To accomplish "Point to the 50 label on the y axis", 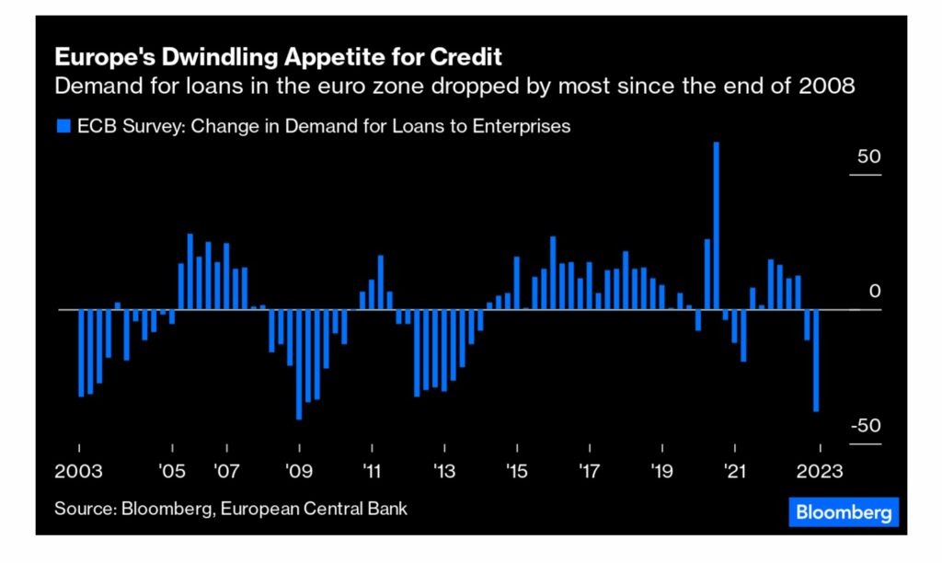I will [869, 157].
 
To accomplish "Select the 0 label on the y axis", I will [875, 292].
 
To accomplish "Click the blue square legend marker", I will [62, 126].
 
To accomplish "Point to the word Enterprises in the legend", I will [522, 126].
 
